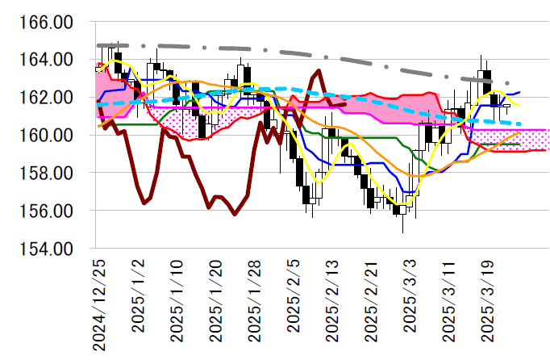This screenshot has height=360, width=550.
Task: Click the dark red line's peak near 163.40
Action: click(319, 71)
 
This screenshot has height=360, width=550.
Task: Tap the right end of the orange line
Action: click(519, 132)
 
